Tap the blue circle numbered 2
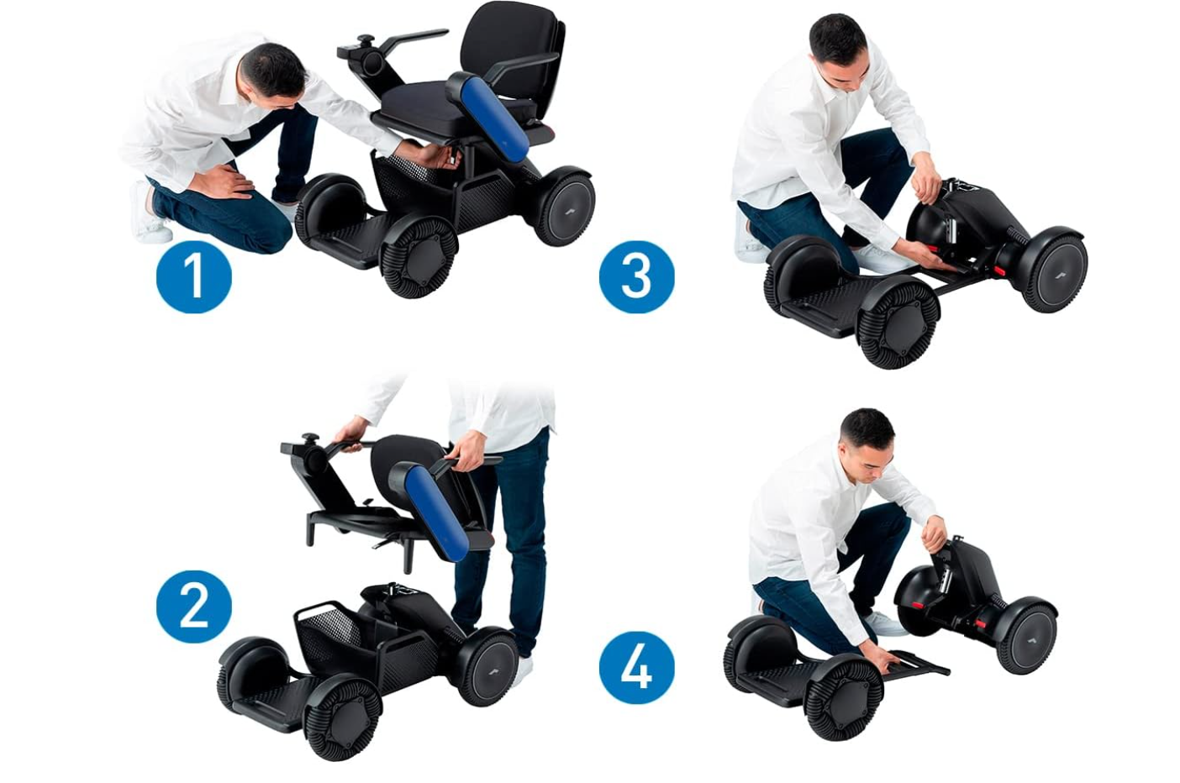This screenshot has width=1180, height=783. [x=193, y=606]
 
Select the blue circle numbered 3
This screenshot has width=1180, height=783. [x=636, y=276]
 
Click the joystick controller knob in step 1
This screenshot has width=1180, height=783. [x=367, y=41]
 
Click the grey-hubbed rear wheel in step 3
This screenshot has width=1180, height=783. [x=1054, y=271]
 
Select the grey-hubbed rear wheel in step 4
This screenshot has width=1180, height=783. [x=1026, y=636]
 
